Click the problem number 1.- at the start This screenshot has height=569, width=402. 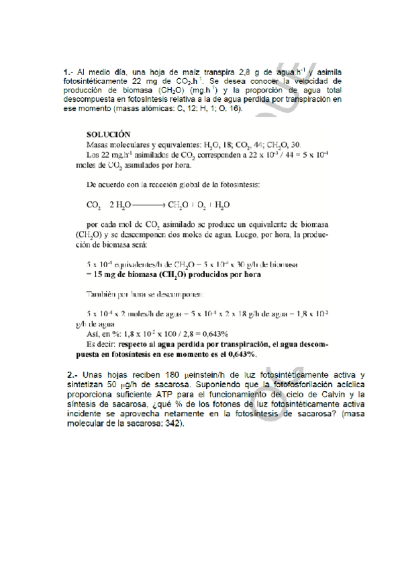click(x=68, y=71)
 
